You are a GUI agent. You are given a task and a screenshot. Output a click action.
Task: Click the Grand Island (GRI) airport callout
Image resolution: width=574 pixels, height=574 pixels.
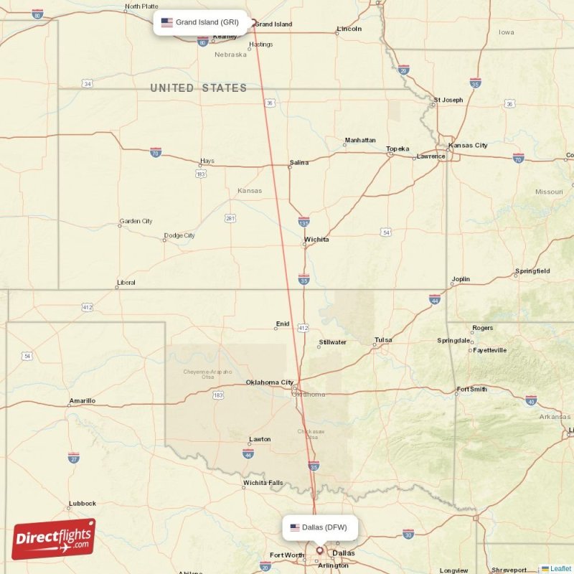[202, 22]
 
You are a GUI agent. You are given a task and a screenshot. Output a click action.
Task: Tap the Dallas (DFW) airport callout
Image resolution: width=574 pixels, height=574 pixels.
[319, 527]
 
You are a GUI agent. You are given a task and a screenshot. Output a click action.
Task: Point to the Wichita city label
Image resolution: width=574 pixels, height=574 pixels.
[316, 240]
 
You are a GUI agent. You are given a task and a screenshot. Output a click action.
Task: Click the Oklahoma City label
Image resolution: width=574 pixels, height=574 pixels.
[269, 382]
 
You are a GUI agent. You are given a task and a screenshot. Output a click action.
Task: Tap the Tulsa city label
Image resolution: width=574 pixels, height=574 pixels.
[384, 340]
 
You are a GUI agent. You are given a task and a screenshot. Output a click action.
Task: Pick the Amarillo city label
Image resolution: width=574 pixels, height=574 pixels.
[83, 401]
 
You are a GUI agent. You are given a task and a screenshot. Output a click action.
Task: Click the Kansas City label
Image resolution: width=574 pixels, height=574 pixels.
[468, 146]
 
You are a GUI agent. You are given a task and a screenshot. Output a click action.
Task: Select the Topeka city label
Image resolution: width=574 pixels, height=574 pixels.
[397, 149]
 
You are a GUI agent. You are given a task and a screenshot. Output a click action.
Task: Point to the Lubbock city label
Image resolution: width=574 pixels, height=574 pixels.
[83, 504]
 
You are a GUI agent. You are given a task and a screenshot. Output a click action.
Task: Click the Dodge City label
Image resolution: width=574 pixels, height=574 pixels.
[179, 235]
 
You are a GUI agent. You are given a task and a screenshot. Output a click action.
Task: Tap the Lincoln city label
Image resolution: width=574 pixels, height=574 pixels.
[349, 29]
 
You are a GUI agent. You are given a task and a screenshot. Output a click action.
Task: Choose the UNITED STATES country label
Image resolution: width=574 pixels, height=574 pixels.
[198, 88]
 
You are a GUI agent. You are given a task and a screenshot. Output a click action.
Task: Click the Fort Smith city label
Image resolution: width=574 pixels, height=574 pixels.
[471, 390]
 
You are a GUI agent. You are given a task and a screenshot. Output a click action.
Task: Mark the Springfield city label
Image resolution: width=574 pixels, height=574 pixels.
[532, 271]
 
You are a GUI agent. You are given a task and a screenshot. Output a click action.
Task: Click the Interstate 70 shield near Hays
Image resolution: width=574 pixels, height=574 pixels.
[156, 152]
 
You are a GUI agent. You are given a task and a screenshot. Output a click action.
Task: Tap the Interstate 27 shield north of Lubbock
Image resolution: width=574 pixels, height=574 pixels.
[73, 457]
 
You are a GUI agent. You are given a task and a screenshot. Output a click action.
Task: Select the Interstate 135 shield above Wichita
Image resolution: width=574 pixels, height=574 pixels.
[304, 222]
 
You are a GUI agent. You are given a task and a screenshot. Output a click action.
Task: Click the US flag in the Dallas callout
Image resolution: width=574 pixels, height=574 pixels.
[295, 527]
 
